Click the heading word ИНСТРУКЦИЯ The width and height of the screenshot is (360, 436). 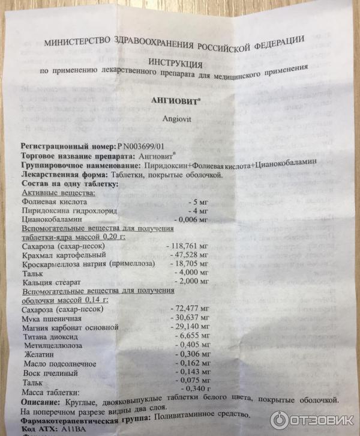(176, 62)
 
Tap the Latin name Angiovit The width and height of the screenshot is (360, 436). (175, 119)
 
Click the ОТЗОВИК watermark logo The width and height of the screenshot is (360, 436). (312, 420)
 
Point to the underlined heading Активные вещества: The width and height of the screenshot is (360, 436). (58, 193)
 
